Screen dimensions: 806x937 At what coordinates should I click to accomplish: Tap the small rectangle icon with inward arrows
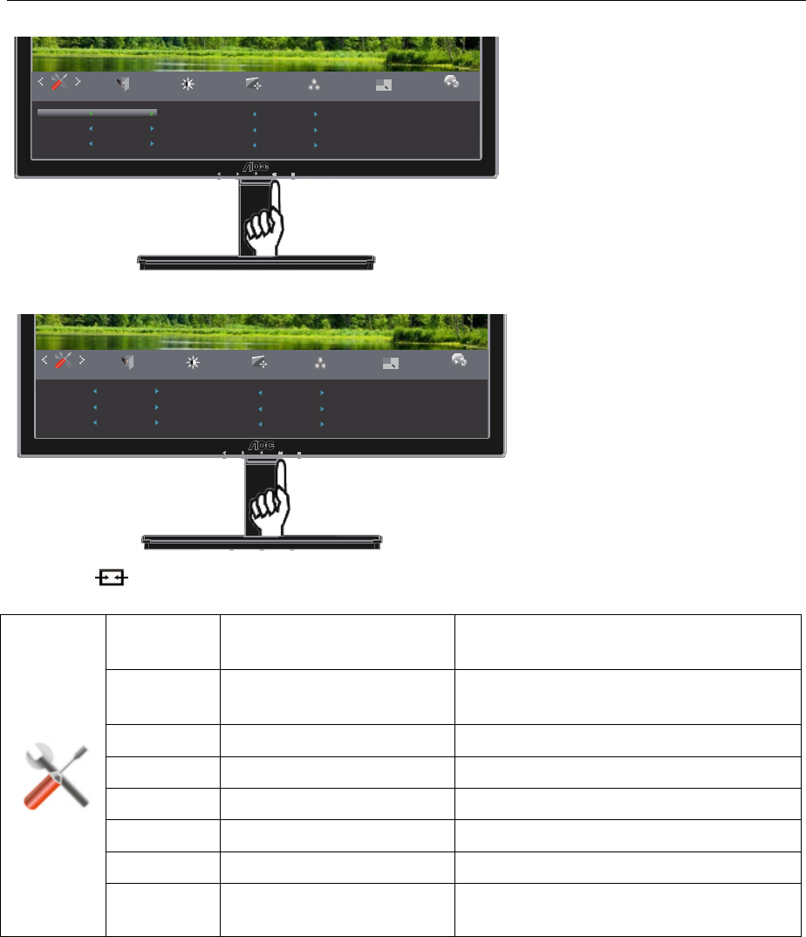coord(109,578)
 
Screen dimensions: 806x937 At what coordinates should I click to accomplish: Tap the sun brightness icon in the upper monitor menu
coord(188,85)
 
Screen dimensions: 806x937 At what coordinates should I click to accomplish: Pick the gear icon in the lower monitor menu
coord(459,359)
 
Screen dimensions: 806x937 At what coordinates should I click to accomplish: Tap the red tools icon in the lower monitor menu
coord(64,361)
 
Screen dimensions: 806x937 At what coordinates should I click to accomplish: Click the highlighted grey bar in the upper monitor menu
coord(97,113)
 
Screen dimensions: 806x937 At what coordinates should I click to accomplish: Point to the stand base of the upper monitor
coord(256,261)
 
